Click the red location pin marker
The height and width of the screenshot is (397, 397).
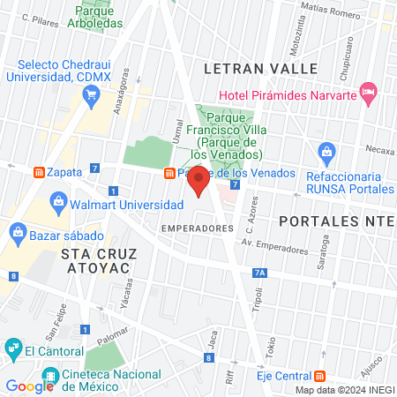(198, 181)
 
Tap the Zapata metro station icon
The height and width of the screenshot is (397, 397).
(38, 170)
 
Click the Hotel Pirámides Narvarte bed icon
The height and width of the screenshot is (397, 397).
(370, 90)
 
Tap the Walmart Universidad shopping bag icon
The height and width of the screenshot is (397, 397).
(58, 201)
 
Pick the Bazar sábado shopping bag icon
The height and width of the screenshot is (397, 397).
(18, 233)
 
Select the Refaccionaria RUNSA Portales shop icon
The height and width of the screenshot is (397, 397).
(326, 152)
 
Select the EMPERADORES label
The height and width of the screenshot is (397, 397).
(197, 228)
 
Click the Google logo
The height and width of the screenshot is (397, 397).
(30, 386)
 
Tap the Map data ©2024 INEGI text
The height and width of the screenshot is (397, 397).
(344, 390)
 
